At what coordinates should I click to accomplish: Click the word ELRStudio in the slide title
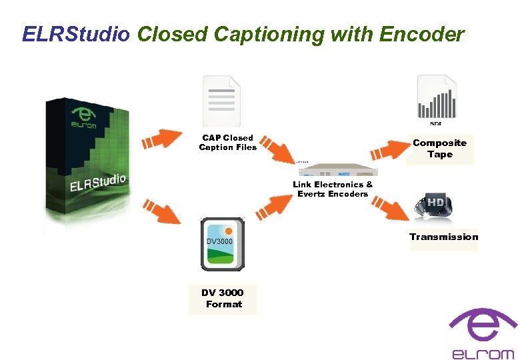point(76,34)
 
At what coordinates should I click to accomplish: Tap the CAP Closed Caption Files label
point(227,143)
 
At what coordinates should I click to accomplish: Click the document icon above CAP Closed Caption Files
point(221,100)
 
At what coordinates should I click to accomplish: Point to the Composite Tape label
point(439,148)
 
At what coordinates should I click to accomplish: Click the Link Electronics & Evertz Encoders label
point(333,189)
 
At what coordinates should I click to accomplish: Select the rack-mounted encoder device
point(332,169)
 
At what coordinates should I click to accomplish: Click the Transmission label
point(443,237)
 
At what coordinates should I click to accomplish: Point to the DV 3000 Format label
point(223,298)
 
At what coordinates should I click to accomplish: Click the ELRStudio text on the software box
point(98,182)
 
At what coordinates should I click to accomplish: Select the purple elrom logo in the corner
point(483,333)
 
